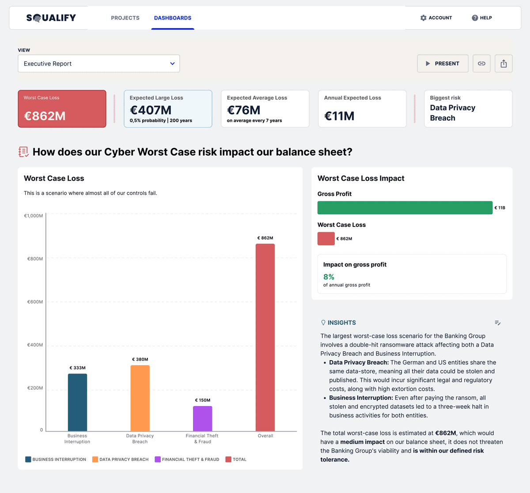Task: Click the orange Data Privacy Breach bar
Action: tap(140, 398)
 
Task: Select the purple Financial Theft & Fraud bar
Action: tap(202, 418)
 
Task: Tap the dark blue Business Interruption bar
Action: tap(77, 402)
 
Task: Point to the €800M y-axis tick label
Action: tap(35, 259)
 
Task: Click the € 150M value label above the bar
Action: tap(203, 400)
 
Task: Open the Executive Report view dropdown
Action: tap(98, 64)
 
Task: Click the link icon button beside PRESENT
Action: tap(481, 64)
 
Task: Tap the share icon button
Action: tap(503, 64)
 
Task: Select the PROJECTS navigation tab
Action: tap(125, 18)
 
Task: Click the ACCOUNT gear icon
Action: tap(424, 18)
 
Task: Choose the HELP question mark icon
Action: tap(475, 18)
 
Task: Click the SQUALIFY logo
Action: tap(51, 18)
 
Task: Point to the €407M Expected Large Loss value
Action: tap(151, 110)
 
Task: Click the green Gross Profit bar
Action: tap(405, 207)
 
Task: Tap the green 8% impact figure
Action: tap(329, 277)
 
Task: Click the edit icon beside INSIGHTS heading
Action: tap(498, 323)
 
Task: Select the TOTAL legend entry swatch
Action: tap(228, 459)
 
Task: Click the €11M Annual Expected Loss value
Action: tap(339, 116)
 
